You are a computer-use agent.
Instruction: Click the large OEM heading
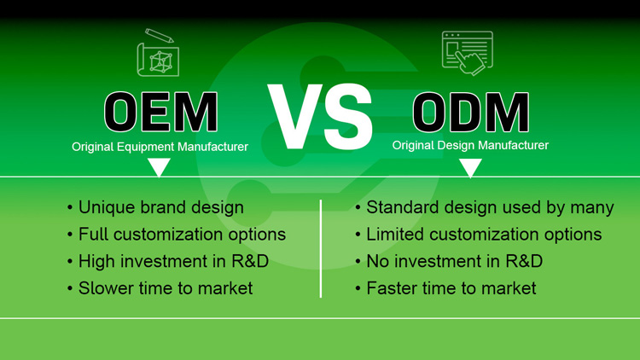[160, 113]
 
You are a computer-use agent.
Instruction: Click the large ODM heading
[470, 113]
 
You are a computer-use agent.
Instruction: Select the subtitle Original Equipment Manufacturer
[160, 147]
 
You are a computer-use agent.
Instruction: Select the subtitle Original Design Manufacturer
[470, 146]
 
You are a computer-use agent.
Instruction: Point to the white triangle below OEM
[160, 168]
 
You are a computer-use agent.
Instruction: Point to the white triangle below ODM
[470, 168]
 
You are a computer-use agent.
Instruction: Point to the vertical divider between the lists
[321, 248]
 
